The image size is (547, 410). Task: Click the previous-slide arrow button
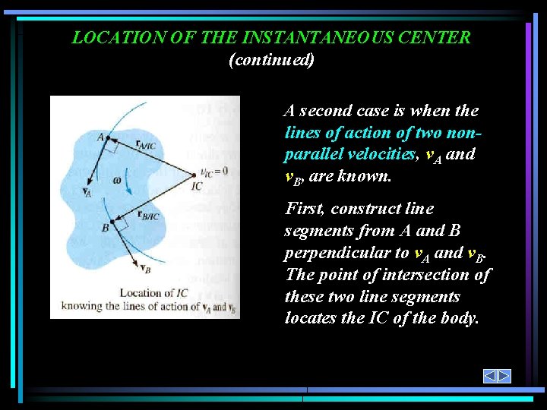(490, 376)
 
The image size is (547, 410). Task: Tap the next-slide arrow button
(504, 376)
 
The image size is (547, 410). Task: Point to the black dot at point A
(107, 138)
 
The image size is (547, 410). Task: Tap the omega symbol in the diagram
(116, 179)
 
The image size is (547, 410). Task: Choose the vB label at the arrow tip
(144, 269)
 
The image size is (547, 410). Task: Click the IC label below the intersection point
(197, 186)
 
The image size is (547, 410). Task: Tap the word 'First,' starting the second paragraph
(304, 209)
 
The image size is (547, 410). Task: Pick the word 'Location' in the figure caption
(141, 293)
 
